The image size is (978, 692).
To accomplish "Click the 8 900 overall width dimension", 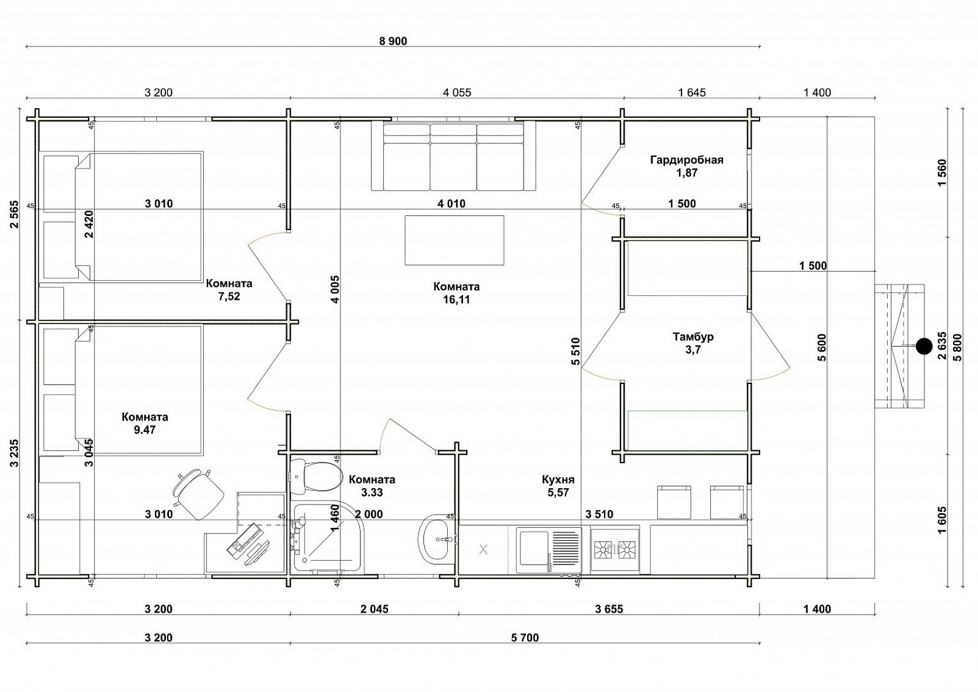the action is coord(393,41).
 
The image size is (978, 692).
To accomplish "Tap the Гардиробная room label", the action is coord(687,160).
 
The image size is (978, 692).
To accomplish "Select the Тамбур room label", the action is coord(693,337).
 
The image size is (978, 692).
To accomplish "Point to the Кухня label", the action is coord(558,480).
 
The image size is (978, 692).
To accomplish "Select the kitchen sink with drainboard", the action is coord(549,550).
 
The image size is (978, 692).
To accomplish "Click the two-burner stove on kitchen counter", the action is coord(615,550).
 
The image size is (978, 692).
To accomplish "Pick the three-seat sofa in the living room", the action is coord(453,156).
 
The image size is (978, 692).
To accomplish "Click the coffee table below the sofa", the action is coord(454,240).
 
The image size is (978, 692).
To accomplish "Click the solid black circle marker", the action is coord(924,346).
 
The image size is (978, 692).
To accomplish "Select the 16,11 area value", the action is coord(456,300).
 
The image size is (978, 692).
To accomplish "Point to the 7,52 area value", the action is coord(229,297).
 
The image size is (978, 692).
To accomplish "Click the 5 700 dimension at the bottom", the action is coord(525,638).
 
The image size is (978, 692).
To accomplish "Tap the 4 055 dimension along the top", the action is coord(457,93).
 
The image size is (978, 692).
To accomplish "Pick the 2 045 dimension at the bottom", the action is coord(374,608).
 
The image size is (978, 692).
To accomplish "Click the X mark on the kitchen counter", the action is coord(483,550).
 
